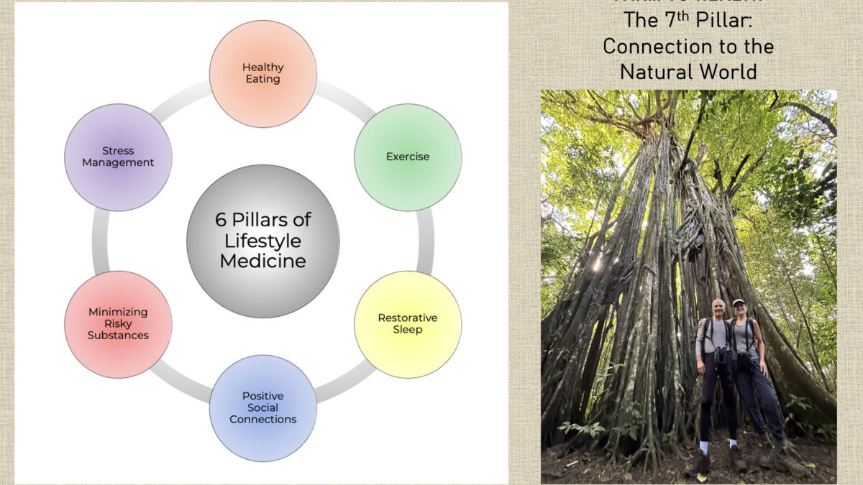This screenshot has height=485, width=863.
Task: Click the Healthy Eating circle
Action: point(262,73)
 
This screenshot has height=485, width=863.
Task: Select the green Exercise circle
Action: point(407,157)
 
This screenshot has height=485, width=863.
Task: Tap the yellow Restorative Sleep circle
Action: point(407,323)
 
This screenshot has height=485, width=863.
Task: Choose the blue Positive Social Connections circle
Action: point(262,407)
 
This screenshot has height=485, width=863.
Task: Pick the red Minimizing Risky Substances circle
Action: point(118,323)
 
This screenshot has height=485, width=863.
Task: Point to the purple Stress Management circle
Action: point(118,157)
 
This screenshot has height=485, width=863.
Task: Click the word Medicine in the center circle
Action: point(262,260)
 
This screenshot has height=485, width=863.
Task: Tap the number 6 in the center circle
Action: point(221,220)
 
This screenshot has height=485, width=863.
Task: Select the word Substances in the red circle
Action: point(118,335)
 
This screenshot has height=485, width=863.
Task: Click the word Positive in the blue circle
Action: point(262,396)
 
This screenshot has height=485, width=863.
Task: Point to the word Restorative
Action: point(407,318)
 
